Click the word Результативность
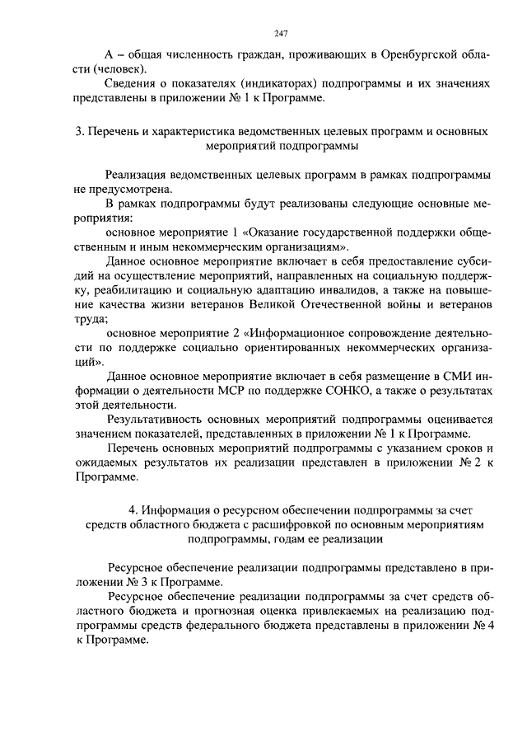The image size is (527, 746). coord(157,419)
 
